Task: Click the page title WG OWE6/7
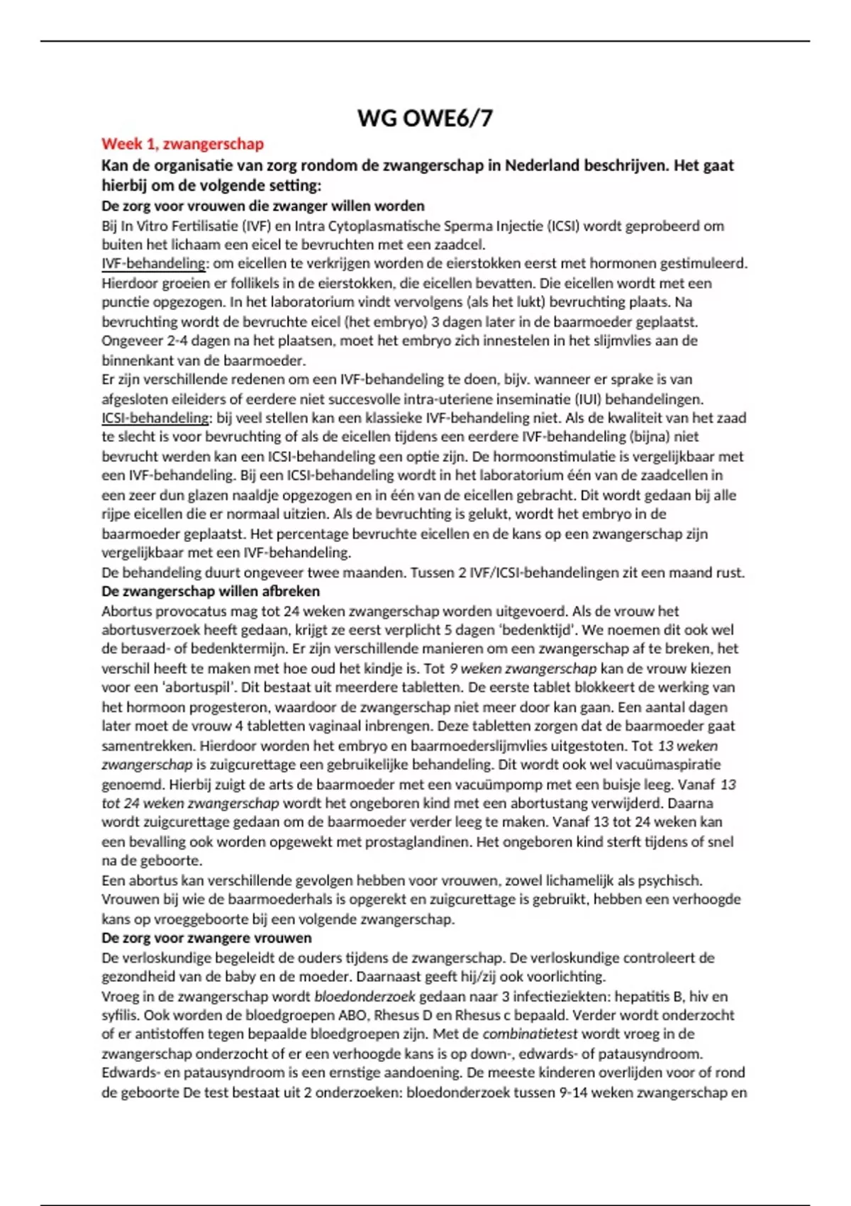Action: (425, 118)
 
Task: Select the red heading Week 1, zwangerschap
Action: (182, 144)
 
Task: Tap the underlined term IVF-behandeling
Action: (153, 264)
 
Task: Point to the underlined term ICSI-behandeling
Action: (156, 418)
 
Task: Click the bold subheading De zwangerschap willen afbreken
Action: (211, 591)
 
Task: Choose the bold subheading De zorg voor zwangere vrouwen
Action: (206, 938)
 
